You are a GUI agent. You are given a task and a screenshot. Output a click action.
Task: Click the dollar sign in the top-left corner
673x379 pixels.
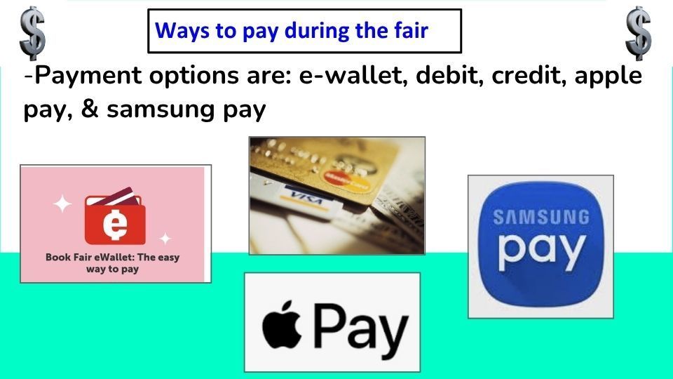(32, 32)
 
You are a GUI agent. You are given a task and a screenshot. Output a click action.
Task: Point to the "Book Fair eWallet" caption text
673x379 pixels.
(112, 262)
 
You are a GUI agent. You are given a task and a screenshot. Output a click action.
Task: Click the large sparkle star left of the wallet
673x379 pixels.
(63, 204)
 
